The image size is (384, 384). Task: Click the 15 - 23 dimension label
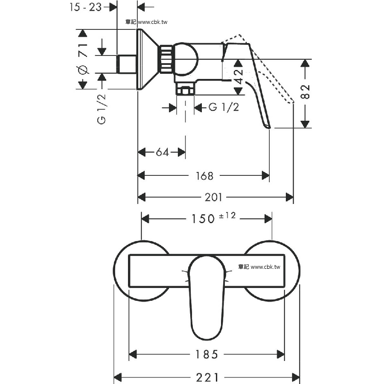pos(85,7)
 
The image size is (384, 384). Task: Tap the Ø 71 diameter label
pos(83,59)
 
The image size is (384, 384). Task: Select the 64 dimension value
pos(163,152)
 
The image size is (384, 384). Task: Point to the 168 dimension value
pos(204,176)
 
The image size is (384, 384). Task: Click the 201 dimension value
pos(213,197)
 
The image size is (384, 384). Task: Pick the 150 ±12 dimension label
pos(213,218)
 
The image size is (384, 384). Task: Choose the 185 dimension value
pos(207,354)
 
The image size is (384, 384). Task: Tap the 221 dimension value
pos(207,378)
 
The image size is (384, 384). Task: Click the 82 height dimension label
pos(305,92)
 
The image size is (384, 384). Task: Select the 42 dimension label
pos(238,77)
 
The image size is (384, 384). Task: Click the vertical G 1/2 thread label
pos(102,109)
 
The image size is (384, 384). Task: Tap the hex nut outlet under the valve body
pos(185,90)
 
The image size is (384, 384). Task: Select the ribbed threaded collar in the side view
pos(166,59)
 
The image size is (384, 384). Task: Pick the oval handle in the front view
pos(207,297)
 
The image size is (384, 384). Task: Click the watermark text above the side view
pos(146,22)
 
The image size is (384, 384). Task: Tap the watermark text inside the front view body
pos(259,267)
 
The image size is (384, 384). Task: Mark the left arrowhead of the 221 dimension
pos(118,378)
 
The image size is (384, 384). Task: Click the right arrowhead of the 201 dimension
pos(290,197)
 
